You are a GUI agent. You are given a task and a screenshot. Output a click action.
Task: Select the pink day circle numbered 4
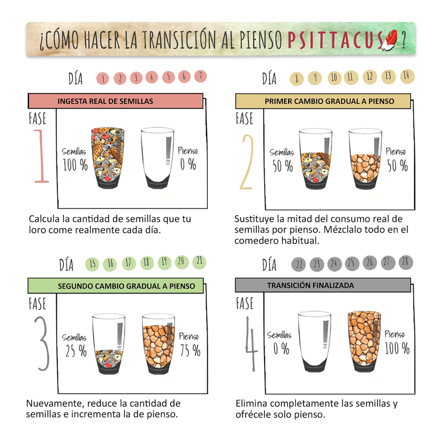click(x=152, y=77)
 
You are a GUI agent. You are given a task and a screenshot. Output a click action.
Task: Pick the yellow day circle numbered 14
click(x=407, y=76)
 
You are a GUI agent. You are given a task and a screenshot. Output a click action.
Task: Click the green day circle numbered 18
click(x=147, y=263)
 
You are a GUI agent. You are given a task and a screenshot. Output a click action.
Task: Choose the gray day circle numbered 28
click(x=406, y=262)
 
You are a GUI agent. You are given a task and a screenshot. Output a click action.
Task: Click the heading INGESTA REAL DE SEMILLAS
click(x=105, y=101)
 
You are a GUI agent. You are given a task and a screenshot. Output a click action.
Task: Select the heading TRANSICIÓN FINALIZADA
click(x=310, y=285)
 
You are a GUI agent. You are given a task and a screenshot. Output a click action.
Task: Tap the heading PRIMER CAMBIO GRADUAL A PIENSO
click(x=329, y=101)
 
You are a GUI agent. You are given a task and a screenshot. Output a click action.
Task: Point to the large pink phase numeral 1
click(x=42, y=156)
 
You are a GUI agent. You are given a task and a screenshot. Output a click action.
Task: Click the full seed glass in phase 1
click(x=108, y=158)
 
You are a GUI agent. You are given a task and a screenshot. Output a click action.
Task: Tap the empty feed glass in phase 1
click(x=157, y=158)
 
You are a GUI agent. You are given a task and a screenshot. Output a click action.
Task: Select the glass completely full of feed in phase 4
click(x=364, y=342)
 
